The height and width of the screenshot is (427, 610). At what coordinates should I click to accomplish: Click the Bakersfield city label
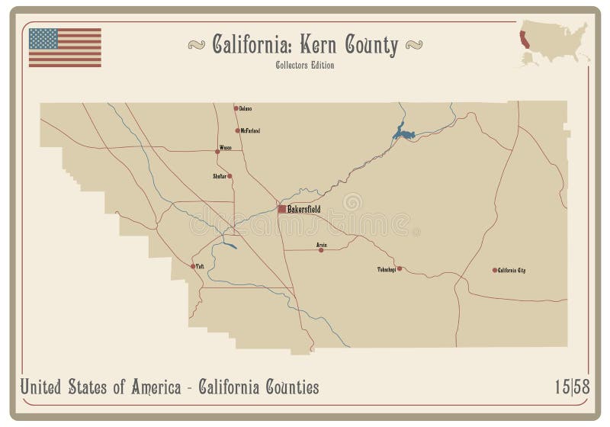305,208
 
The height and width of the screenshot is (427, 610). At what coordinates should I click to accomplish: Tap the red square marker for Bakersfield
282,208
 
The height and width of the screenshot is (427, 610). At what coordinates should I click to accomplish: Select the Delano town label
246,108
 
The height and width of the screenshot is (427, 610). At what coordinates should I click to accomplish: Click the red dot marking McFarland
237,130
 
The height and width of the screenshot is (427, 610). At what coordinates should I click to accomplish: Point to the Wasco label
225,146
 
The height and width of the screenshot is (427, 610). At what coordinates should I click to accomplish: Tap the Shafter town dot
230,176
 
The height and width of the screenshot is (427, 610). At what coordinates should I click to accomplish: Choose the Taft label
200,267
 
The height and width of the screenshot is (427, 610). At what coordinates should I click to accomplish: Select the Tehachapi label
387,271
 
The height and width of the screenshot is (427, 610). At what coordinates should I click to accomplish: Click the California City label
512,270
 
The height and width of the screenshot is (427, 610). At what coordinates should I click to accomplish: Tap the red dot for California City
495,270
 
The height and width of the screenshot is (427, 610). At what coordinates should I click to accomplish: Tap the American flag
65,48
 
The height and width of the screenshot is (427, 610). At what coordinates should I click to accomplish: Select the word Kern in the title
322,46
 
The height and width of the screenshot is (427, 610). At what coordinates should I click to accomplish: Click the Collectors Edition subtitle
305,65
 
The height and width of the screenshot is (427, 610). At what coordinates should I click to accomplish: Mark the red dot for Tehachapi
400,268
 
